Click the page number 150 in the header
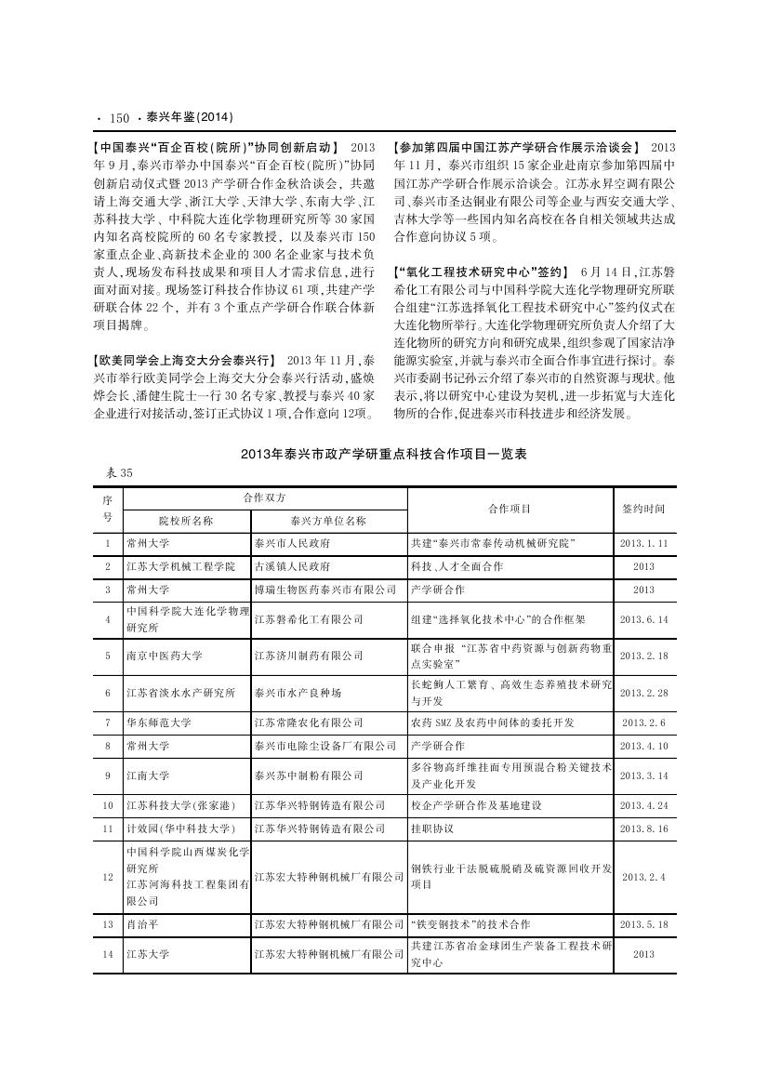pyautogui.click(x=118, y=118)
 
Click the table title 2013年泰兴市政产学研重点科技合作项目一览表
pyautogui.click(x=383, y=455)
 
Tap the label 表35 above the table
pyautogui.click(x=116, y=473)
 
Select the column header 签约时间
pyautogui.click(x=643, y=509)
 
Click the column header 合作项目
pyautogui.click(x=510, y=509)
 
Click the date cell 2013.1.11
pyautogui.click(x=643, y=543)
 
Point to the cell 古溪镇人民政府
pyautogui.click(x=291, y=566)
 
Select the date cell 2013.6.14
pyautogui.click(x=643, y=618)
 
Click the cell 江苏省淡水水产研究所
pyautogui.click(x=180, y=693)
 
